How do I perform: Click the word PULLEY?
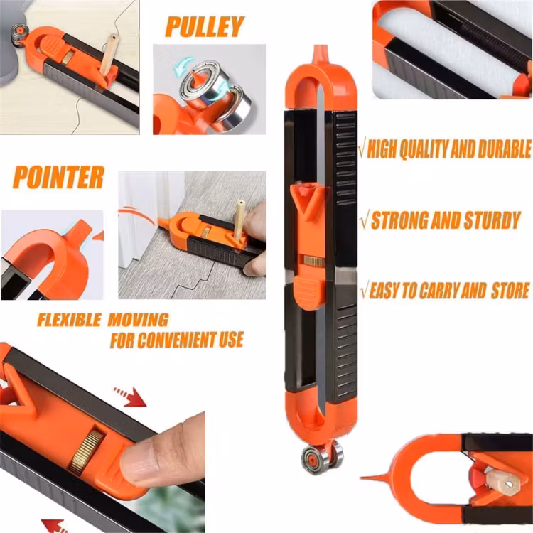pos(205,26)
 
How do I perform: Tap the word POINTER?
pos(58,178)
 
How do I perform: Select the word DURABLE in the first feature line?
pos(505,149)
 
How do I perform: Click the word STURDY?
pos(492,220)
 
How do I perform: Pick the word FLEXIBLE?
pos(70,320)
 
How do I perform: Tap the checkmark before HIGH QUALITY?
pos(362,148)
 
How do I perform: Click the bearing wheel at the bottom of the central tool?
pos(321,457)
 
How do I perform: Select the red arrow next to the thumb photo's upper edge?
pos(131,396)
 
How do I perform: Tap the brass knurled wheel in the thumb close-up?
pos(86,452)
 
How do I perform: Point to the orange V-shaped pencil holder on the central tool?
pos(307,200)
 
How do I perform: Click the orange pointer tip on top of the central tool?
pos(320,54)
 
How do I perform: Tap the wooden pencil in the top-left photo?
pos(109,55)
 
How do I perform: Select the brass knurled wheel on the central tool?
pos(313,261)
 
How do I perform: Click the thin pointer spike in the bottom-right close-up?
pos(377,478)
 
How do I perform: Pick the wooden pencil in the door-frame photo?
pos(239,219)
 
